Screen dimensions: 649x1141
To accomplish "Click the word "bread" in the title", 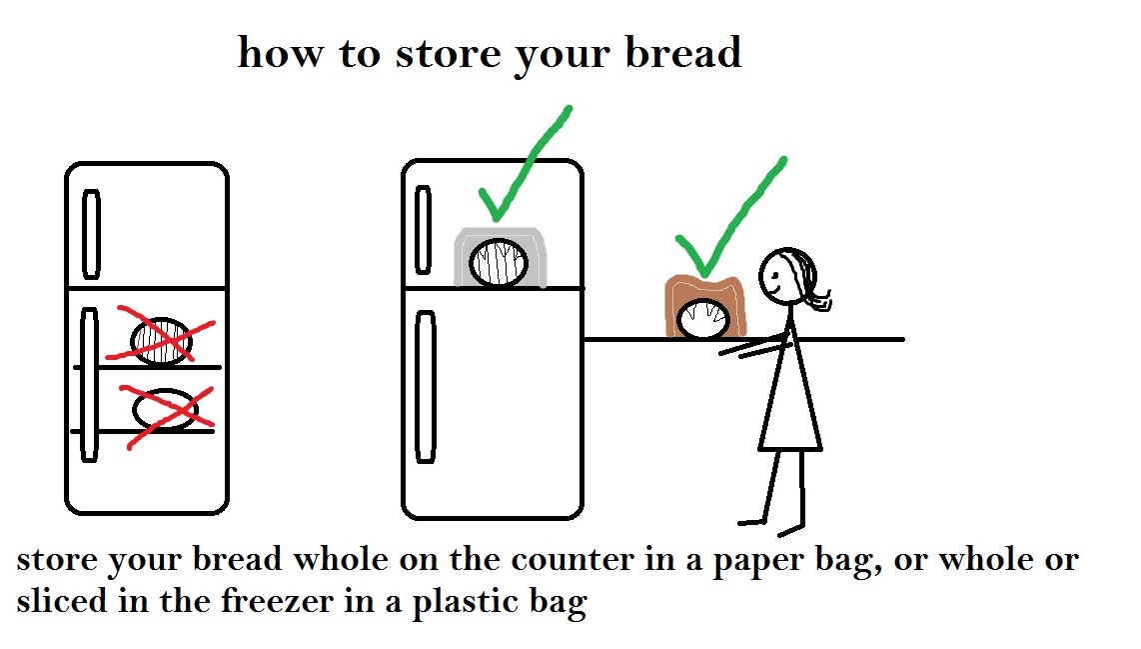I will pyautogui.click(x=684, y=52).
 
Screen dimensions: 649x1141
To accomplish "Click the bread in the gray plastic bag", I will pyautogui.click(x=497, y=263).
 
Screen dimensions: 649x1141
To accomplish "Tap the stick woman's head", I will pyautogui.click(x=782, y=274).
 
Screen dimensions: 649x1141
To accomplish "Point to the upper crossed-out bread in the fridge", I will pyautogui.click(x=161, y=339).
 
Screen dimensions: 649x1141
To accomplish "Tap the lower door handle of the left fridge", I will pyautogui.click(x=89, y=385).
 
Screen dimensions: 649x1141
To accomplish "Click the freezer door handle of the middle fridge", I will pyautogui.click(x=424, y=229).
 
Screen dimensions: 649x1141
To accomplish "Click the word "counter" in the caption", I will pyautogui.click(x=567, y=559).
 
